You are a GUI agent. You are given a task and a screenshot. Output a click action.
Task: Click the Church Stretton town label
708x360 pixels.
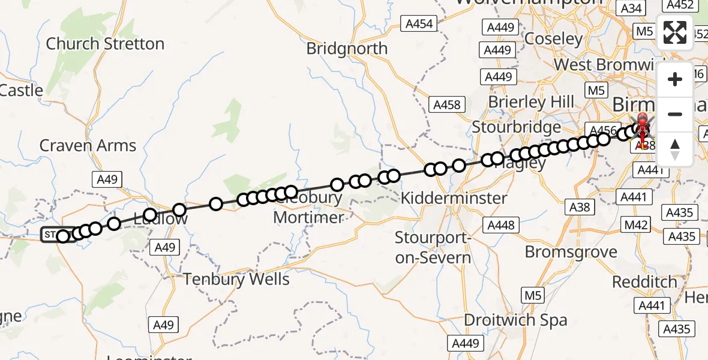point(105,44)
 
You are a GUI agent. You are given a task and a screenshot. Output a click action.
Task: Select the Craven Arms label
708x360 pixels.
point(88,145)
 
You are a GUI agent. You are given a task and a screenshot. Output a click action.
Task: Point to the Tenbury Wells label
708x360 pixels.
point(236,279)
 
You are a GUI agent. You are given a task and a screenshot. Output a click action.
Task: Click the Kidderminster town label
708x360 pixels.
point(454,198)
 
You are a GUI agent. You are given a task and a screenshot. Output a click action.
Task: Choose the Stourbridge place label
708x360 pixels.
point(516,127)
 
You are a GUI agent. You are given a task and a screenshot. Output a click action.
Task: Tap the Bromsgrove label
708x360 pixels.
point(571,251)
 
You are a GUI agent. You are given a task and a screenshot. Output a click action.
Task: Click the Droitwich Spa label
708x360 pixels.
point(516,320)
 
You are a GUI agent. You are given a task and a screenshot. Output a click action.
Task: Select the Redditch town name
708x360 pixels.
point(644,281)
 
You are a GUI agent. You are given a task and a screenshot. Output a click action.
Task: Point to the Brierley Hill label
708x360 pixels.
point(531,102)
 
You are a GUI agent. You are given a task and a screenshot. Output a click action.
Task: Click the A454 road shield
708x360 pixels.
point(419,24)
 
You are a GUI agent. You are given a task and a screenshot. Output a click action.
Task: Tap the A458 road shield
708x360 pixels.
point(446,105)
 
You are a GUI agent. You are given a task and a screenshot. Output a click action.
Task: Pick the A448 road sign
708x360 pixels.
point(500,225)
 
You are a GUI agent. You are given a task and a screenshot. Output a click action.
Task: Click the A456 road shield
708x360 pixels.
point(604,130)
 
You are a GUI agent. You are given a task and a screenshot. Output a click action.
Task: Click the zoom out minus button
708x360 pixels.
point(675,114)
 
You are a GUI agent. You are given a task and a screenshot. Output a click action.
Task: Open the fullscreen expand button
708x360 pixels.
point(675,32)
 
